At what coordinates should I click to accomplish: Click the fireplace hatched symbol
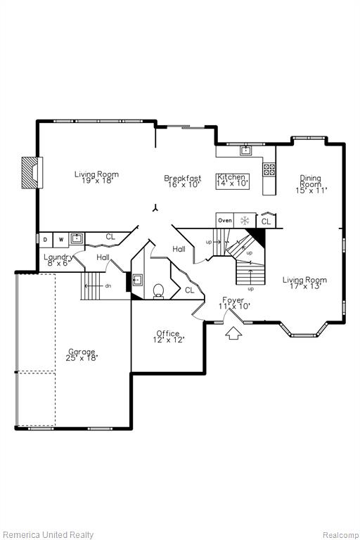pos(32,172)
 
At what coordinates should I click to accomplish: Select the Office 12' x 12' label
pos(169,337)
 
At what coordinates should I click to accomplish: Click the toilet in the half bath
pos(158,291)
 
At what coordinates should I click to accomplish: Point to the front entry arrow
pos(233,333)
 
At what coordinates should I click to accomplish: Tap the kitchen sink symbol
pos(245,150)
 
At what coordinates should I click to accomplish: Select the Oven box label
pos(224,220)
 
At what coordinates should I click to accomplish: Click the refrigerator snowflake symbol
pos(245,221)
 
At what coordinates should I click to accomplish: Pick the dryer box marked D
pos(46,240)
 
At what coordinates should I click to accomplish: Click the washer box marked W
pos(61,240)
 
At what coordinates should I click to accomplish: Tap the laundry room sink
pos(77,238)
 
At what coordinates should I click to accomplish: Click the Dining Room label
pos(311,184)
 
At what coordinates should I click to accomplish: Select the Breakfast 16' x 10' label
pos(183,181)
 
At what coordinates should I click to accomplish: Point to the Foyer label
pos(233,300)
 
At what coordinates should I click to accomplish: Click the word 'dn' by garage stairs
pos(108,286)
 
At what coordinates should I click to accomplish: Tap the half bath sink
pos(138,280)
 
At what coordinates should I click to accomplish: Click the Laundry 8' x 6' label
pos(58,259)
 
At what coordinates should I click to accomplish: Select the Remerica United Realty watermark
pos(48,534)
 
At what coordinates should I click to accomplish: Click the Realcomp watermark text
pos(340,535)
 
